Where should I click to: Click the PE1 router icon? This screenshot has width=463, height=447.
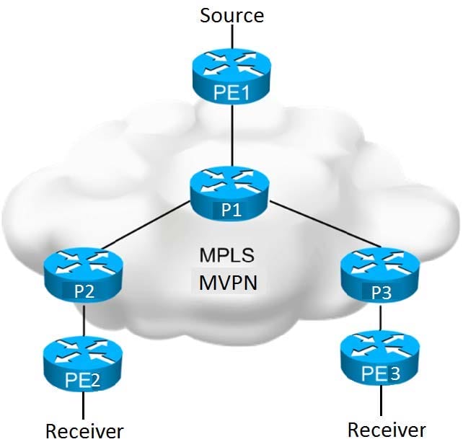231,76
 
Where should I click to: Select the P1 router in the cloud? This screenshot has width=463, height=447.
229,193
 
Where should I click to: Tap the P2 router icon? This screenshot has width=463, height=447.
83,275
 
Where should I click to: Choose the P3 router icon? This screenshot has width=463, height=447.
380,275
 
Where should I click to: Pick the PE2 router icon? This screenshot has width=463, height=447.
83,364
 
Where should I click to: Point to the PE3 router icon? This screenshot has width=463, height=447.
380,358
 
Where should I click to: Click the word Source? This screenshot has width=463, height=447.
231,15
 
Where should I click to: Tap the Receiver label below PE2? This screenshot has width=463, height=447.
84,431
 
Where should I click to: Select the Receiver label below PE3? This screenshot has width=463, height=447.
387,430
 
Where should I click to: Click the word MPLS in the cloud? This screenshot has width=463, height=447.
226,255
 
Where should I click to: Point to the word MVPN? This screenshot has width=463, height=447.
228,283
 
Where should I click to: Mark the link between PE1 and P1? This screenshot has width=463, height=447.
232,135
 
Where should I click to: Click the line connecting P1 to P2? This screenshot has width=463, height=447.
145,225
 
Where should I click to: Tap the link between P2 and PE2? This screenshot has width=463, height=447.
84,319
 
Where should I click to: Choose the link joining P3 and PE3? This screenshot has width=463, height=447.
381,317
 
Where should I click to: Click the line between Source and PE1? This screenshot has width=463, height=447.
232,37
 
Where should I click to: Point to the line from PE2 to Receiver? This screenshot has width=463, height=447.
84,406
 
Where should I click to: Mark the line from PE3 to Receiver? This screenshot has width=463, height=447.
381,400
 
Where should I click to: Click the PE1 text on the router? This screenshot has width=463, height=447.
231,92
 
